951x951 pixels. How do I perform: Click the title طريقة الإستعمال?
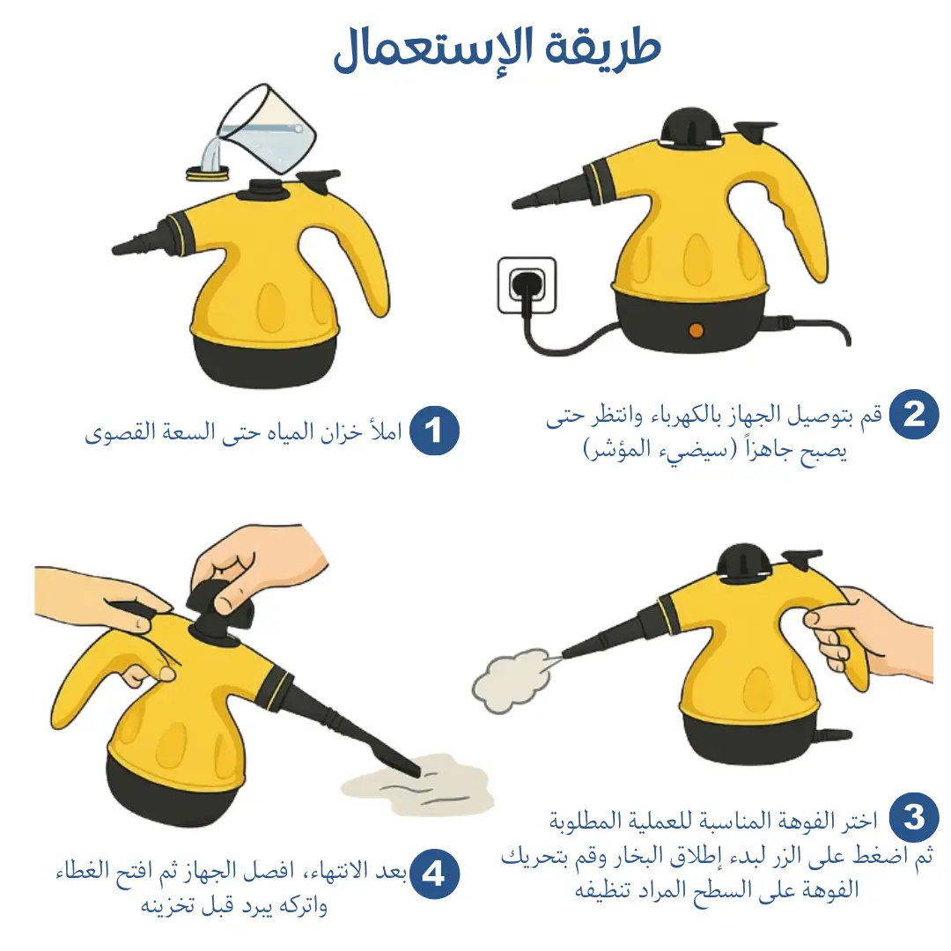point(497,49)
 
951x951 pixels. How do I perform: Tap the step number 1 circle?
point(433,431)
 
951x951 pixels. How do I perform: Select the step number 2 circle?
point(914,414)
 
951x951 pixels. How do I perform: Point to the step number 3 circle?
point(914,817)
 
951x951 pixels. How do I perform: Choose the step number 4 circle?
point(433,874)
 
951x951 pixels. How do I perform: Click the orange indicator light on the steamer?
point(697,330)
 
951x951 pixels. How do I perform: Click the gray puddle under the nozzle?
point(418,784)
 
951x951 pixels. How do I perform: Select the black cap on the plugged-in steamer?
point(691,128)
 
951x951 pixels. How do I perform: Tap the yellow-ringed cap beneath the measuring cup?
point(208,173)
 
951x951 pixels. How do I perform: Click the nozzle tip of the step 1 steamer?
point(116,248)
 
